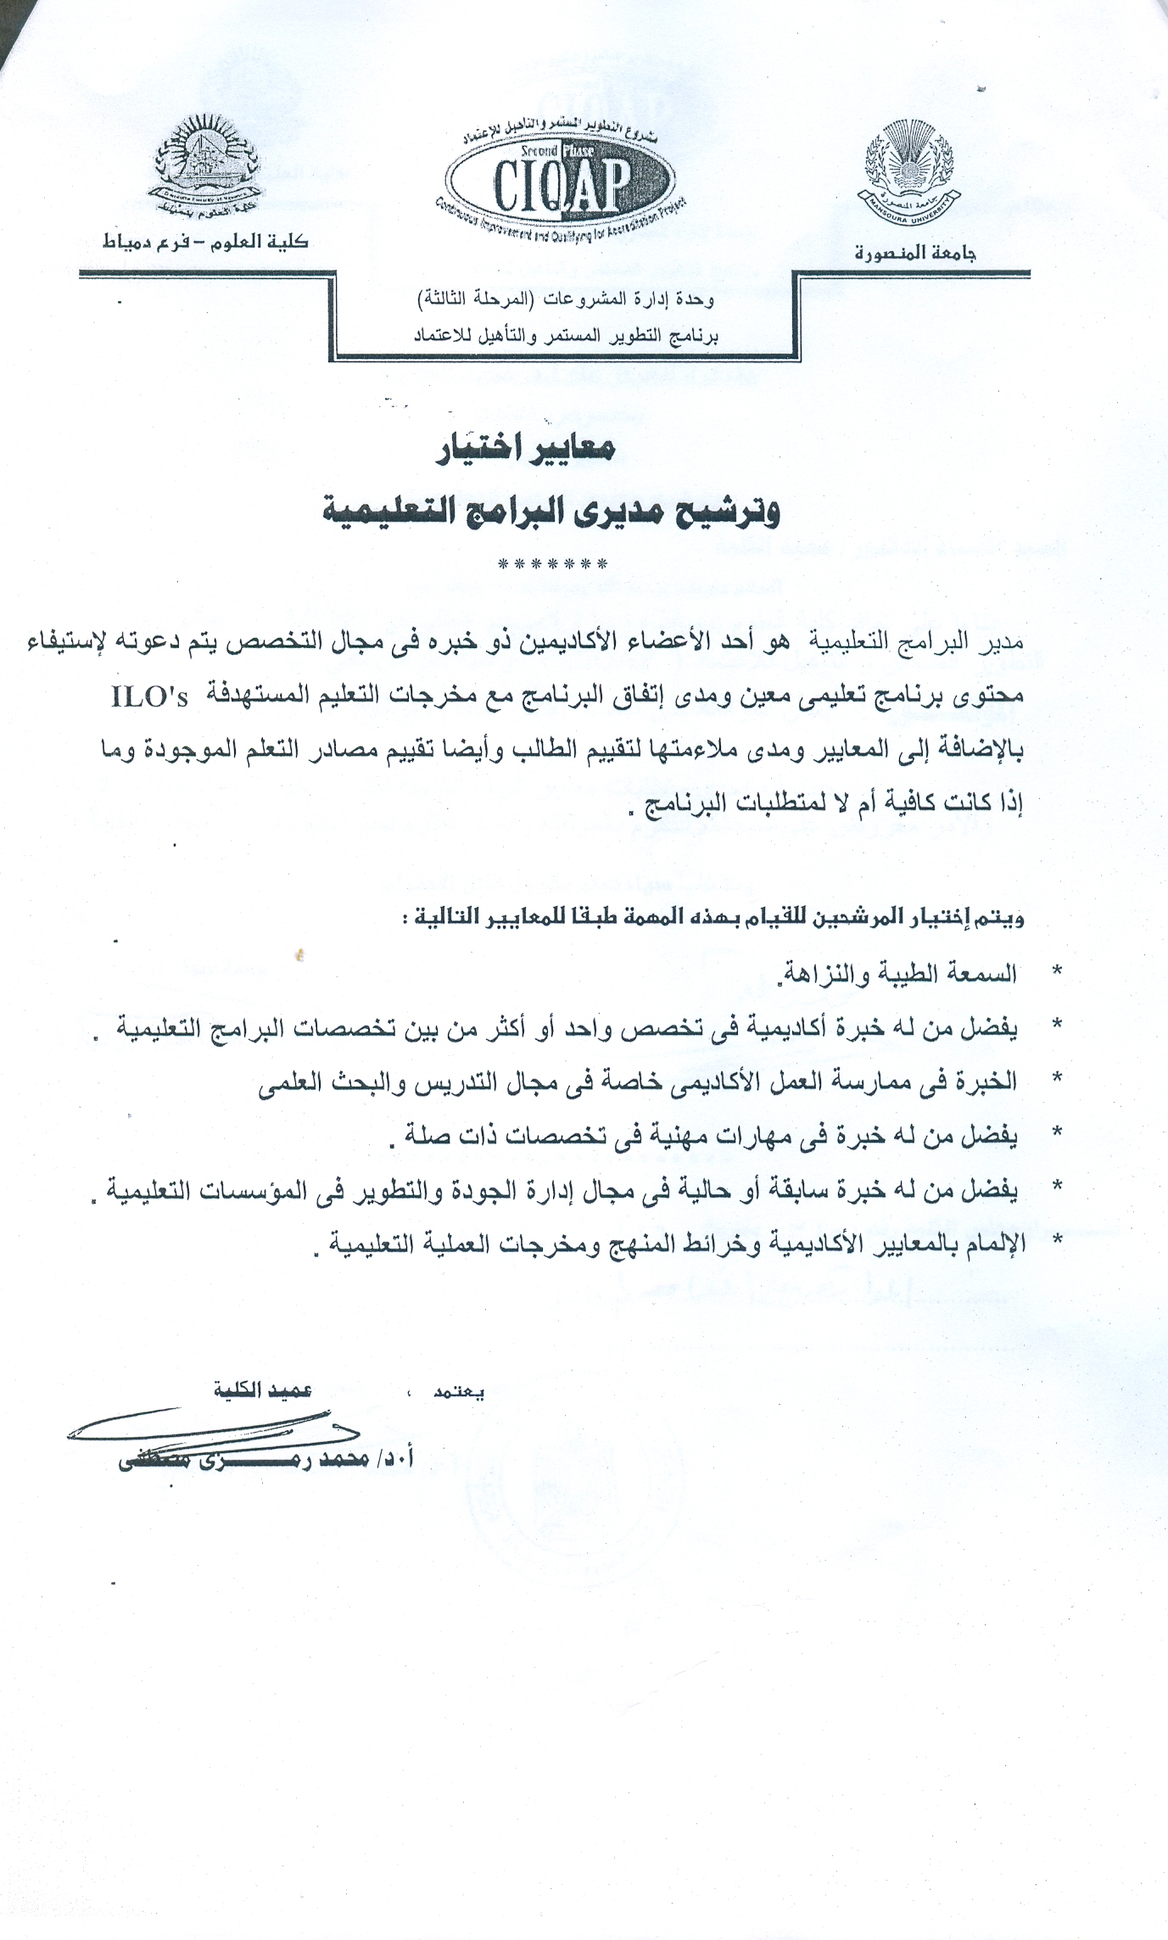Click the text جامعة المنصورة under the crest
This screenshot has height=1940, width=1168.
click(x=915, y=253)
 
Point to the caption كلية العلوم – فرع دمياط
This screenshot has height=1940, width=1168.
click(x=205, y=243)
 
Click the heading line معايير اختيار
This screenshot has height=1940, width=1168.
click(x=526, y=451)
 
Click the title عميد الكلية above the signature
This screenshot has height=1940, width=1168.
click(x=264, y=1390)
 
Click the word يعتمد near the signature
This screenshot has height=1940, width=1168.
click(x=459, y=1392)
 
